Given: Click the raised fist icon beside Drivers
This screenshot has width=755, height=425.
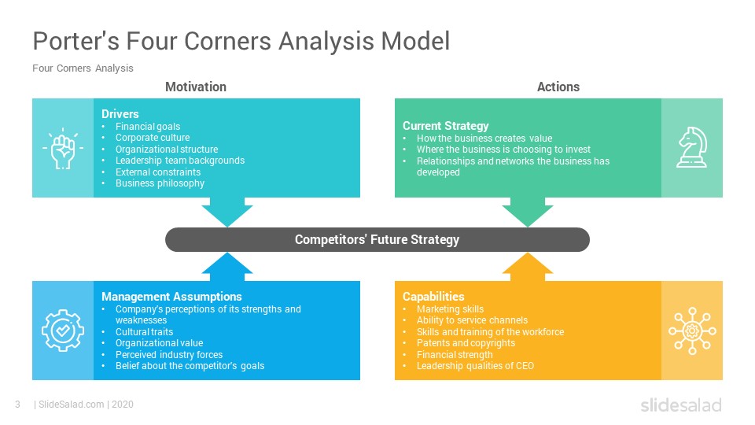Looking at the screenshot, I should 62,147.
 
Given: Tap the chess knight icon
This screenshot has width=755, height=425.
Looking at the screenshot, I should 692,147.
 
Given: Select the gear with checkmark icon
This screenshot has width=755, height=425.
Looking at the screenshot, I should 62,330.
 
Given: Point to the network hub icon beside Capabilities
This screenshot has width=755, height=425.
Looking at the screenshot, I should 692,330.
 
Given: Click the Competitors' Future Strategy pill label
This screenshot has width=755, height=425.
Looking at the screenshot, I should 377,239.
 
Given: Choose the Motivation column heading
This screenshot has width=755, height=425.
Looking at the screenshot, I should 196,87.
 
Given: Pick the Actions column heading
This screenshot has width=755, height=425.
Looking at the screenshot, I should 558,87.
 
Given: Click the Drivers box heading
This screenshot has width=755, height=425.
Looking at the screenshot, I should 120,114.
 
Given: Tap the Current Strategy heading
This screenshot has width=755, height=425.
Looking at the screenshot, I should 445,126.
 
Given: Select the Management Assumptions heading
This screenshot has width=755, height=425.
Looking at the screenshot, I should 171,297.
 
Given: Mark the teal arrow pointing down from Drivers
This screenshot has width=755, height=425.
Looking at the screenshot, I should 227,211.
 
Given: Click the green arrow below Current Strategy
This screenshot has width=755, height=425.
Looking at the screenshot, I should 528,211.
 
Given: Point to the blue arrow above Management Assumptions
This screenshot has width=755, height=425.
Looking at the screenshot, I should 227,268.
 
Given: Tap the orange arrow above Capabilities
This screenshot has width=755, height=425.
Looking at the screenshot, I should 528,268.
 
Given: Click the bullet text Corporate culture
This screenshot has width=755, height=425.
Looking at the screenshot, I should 152,138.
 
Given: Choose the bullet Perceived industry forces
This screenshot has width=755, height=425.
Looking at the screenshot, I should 168,355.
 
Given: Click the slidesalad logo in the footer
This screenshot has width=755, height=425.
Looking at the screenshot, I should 680,405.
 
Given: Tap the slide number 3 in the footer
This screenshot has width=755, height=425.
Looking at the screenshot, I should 17,405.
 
